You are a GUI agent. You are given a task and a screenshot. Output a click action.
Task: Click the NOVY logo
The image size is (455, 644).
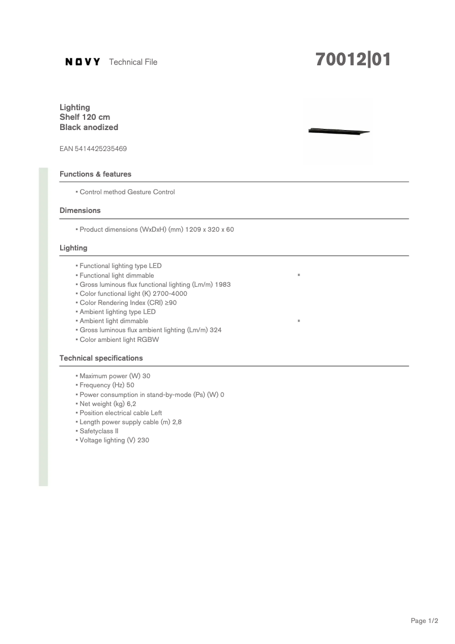pyautogui.click(x=83, y=62)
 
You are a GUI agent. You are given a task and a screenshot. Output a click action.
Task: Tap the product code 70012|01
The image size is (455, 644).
pyautogui.click(x=353, y=60)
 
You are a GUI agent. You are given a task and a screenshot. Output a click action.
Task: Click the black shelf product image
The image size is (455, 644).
pyautogui.click(x=338, y=132)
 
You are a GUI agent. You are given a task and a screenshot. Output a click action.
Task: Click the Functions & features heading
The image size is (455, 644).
pyautogui.click(x=95, y=174)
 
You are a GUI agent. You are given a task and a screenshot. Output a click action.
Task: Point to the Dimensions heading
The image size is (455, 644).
pyautogui.click(x=80, y=210)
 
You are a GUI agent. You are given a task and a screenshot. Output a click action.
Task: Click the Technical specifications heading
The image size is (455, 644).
pyautogui.click(x=101, y=358)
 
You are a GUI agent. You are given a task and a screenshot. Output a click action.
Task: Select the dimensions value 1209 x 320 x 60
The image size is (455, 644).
pyautogui.click(x=209, y=229)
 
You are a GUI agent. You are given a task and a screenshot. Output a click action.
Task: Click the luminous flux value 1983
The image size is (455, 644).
pyautogui.click(x=223, y=285)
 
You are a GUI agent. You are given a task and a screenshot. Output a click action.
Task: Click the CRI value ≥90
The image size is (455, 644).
pyautogui.click(x=171, y=303)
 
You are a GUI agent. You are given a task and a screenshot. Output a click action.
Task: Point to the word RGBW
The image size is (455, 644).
pyautogui.click(x=148, y=340)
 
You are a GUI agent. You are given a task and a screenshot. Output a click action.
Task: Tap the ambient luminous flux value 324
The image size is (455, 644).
pyautogui.click(x=216, y=330)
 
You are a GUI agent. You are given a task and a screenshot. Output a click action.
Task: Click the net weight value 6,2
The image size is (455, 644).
pyautogui.click(x=131, y=404)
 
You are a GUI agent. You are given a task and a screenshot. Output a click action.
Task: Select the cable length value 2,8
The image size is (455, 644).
pyautogui.click(x=176, y=422)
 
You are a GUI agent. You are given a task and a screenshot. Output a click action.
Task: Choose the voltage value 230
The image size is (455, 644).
pyautogui.click(x=143, y=440)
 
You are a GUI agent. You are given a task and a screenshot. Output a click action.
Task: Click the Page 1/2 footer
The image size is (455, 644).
pyautogui.click(x=424, y=621)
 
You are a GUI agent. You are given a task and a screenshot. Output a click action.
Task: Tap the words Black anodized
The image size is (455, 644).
pyautogui.click(x=89, y=127)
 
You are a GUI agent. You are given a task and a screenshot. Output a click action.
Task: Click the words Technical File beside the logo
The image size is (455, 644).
pyautogui.click(x=133, y=62)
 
